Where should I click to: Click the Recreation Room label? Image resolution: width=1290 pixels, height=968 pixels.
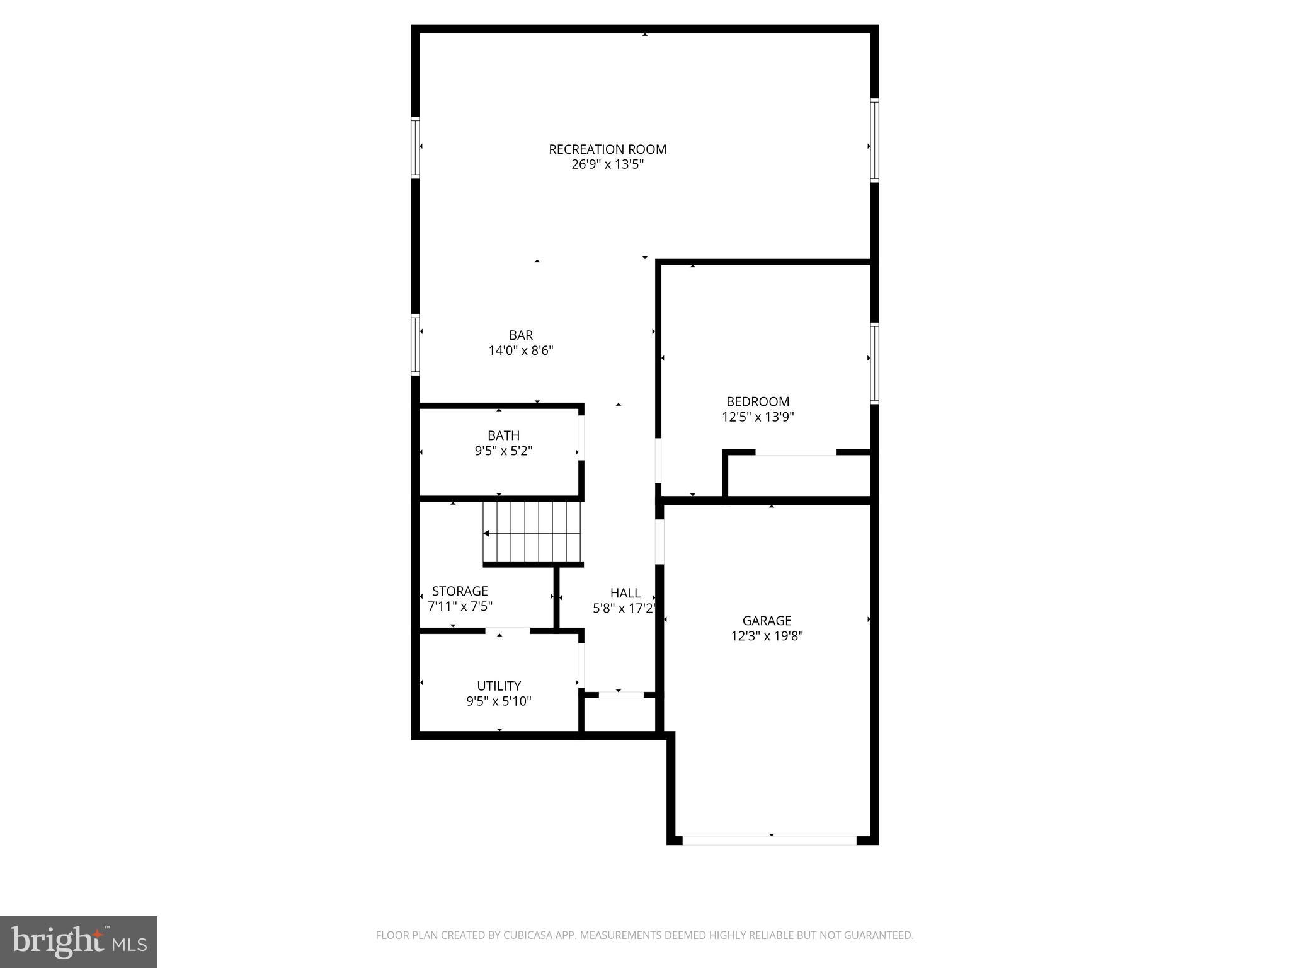click(x=607, y=149)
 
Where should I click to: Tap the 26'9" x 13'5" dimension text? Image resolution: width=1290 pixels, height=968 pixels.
click(x=607, y=165)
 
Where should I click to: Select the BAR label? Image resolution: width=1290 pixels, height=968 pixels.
click(x=521, y=335)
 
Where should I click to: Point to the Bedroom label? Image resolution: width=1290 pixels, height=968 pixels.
click(x=757, y=401)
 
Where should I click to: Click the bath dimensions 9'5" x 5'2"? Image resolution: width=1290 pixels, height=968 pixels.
click(x=503, y=451)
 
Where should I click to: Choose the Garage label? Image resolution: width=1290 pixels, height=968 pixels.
click(x=766, y=621)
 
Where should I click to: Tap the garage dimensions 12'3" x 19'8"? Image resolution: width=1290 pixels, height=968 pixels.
click(x=766, y=637)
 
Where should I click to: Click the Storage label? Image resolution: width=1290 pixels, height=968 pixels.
click(x=460, y=591)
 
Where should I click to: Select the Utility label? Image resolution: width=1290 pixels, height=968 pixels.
click(x=499, y=686)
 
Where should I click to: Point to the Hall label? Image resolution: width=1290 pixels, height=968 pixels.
click(x=625, y=593)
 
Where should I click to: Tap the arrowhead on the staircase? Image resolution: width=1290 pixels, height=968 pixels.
click(x=486, y=534)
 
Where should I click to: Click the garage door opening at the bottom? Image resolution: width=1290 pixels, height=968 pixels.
click(x=769, y=840)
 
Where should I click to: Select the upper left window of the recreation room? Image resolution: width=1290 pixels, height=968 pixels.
click(x=415, y=147)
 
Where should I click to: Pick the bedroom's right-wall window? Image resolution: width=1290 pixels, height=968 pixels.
click(x=874, y=363)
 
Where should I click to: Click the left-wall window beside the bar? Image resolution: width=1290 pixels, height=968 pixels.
click(x=415, y=345)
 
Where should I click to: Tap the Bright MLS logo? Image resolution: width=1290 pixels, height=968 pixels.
click(x=79, y=942)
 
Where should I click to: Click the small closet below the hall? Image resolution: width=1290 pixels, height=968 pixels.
click(x=620, y=714)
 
